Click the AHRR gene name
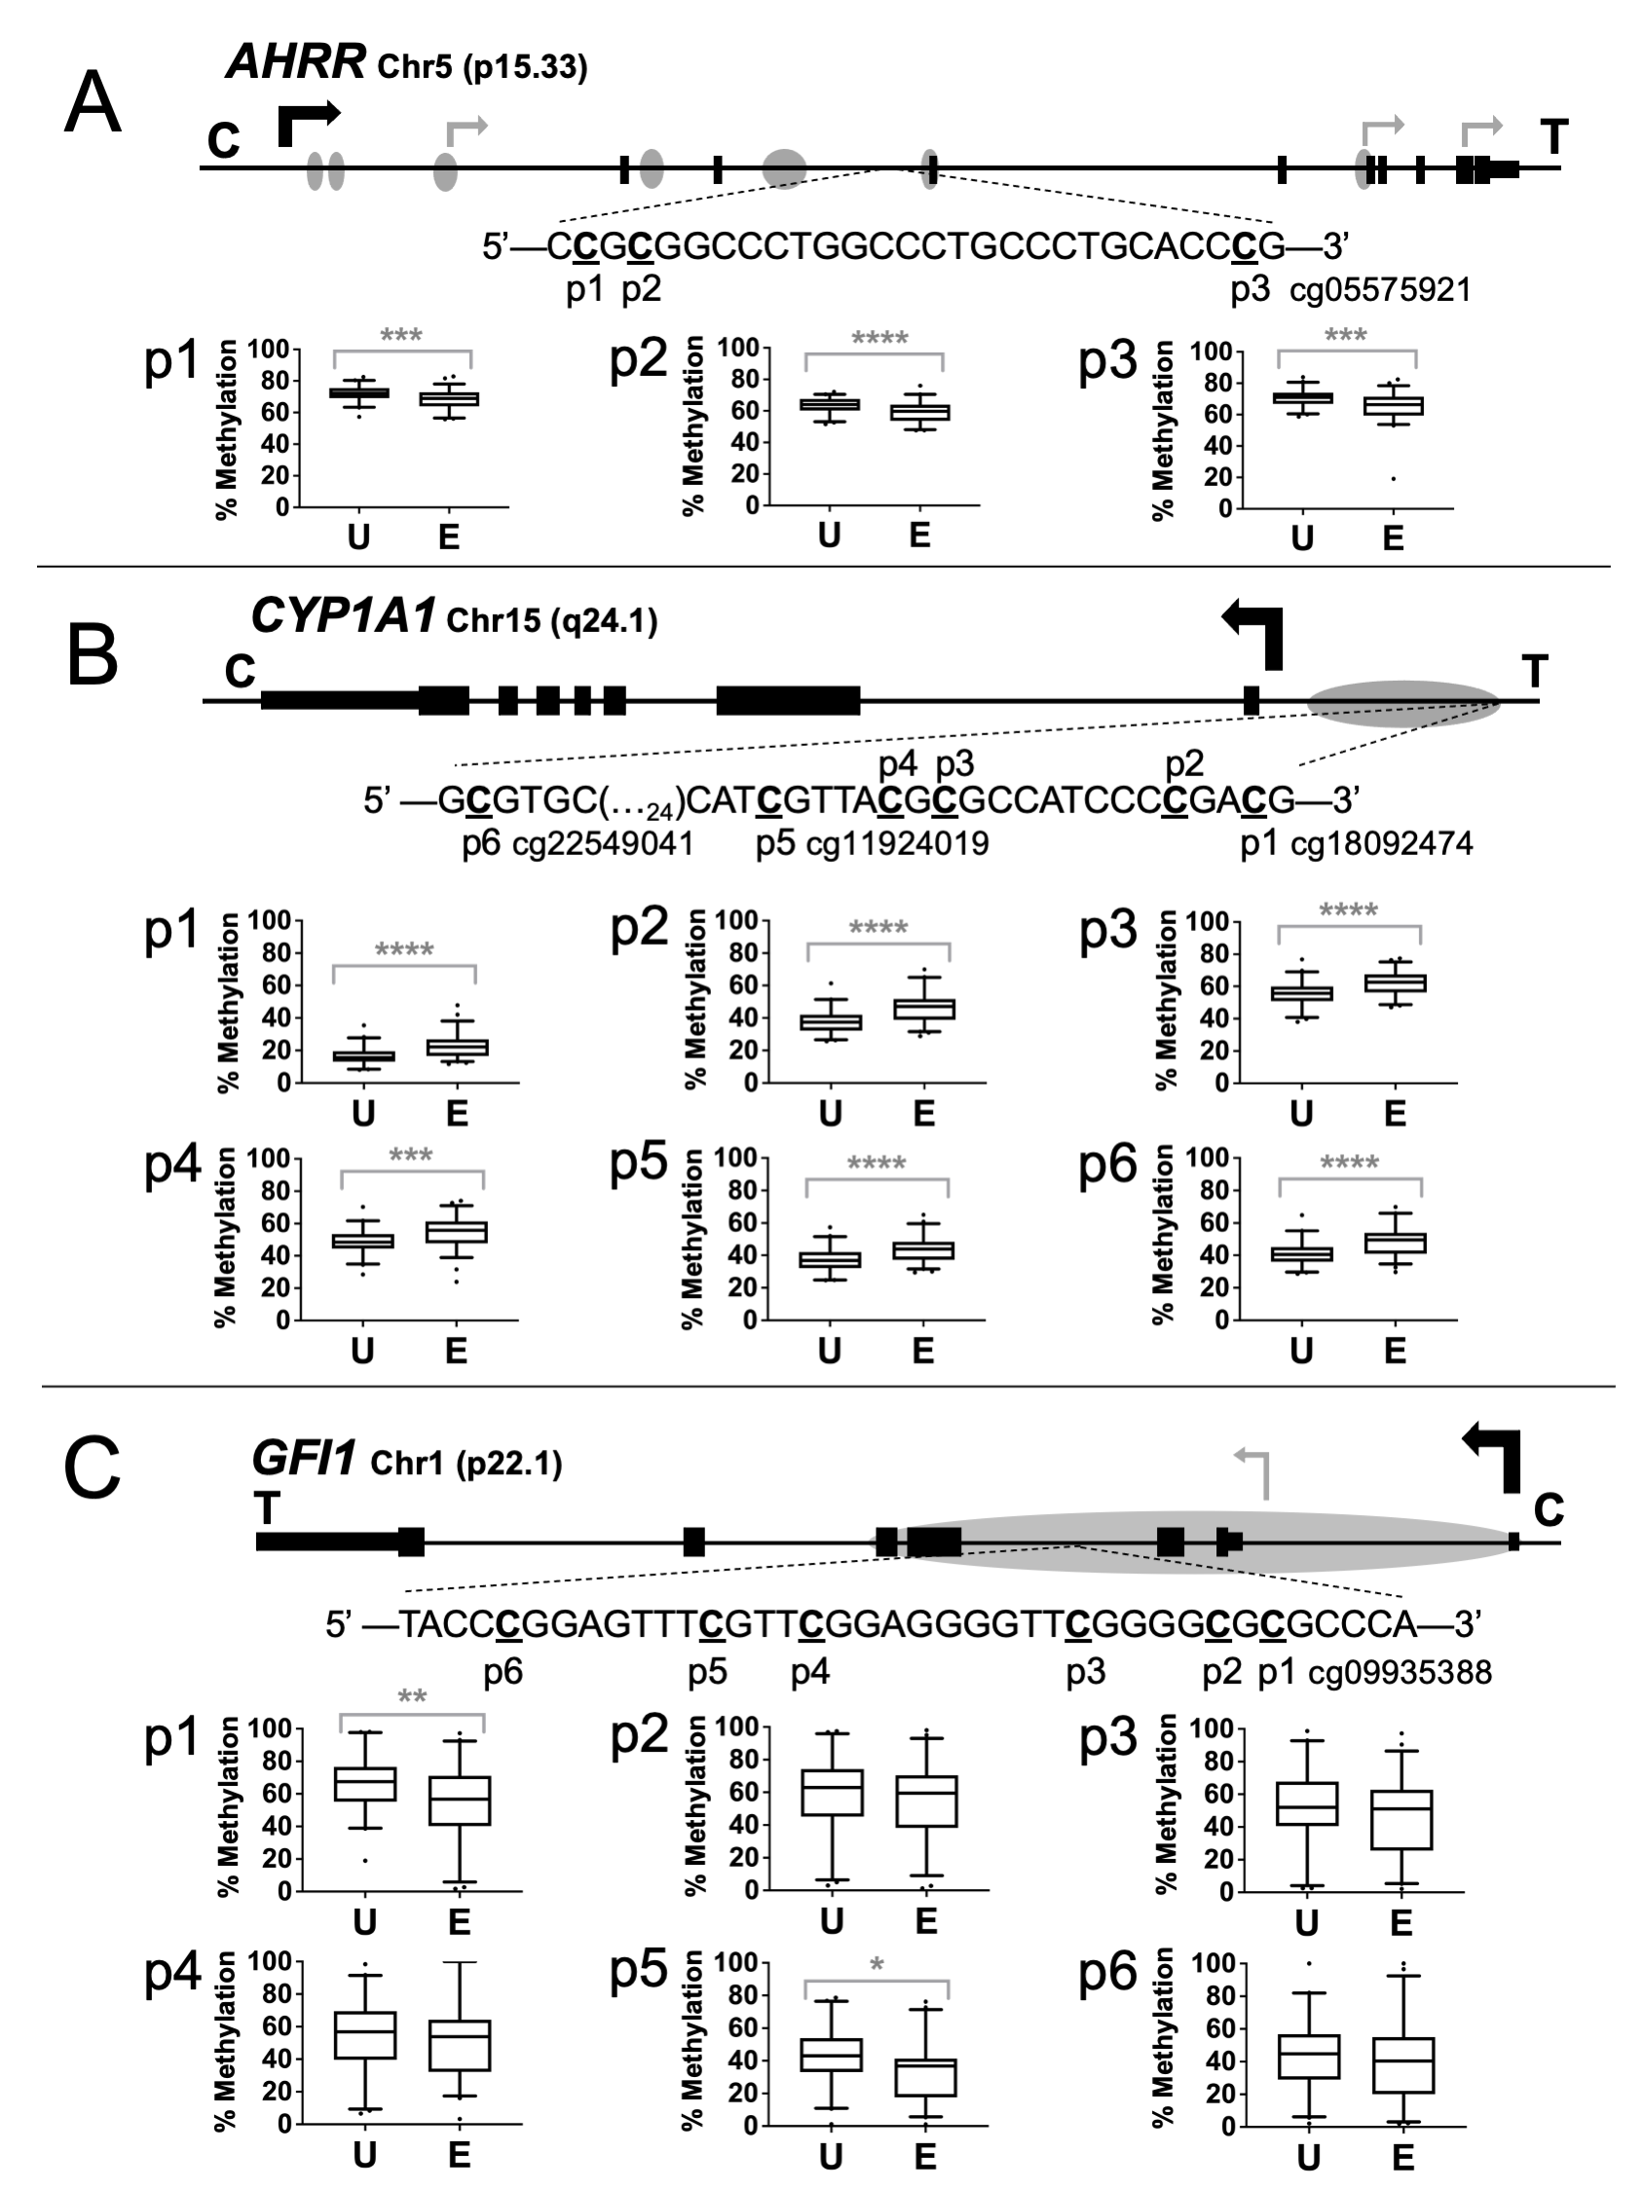(x=296, y=61)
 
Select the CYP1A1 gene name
(x=343, y=615)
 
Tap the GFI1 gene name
(x=303, y=1459)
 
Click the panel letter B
(x=93, y=656)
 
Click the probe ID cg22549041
(x=602, y=843)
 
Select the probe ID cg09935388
(x=1400, y=1672)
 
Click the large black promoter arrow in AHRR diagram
(x=306, y=122)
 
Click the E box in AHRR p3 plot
(x=1393, y=406)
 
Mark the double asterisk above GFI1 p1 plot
(x=412, y=1697)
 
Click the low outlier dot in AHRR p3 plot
(x=1393, y=479)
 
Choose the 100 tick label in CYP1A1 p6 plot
(x=1208, y=1158)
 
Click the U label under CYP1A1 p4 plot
(x=362, y=1351)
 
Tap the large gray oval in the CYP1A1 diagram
(x=1403, y=704)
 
